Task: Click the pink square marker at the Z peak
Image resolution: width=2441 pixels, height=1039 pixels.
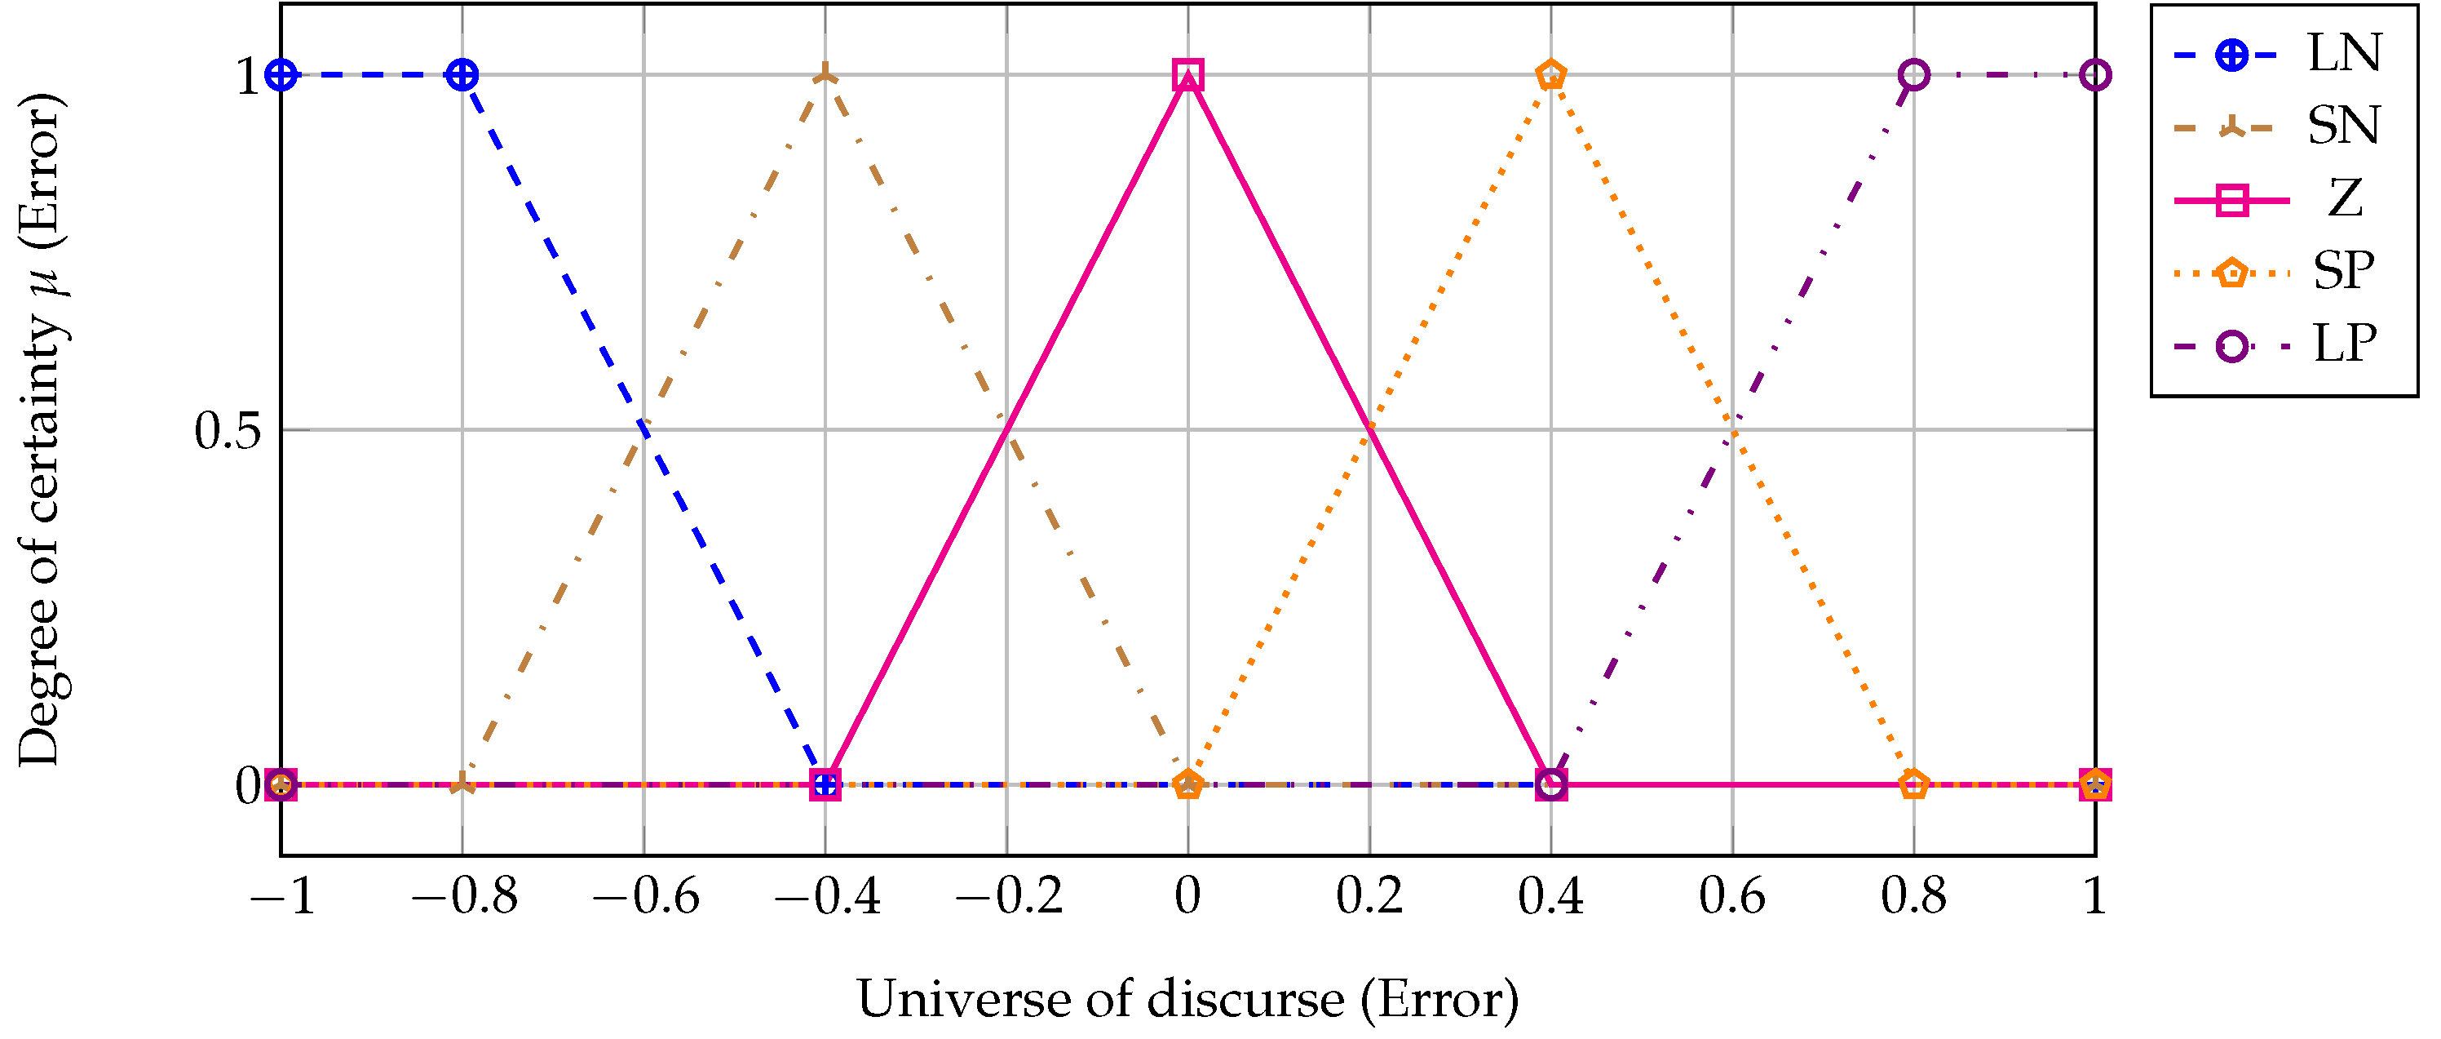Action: click(x=1187, y=74)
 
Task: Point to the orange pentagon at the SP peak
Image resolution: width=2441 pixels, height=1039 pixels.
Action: click(x=1550, y=74)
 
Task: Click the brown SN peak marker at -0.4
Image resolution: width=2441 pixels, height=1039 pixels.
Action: click(x=825, y=74)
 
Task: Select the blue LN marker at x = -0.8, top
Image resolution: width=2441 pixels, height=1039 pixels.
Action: click(x=462, y=74)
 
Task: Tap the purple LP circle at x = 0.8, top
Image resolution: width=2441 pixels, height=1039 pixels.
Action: click(x=1913, y=74)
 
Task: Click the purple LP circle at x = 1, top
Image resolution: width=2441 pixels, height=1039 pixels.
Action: click(x=2094, y=74)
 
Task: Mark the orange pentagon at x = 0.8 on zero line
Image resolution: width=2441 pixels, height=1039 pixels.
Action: click(x=1913, y=785)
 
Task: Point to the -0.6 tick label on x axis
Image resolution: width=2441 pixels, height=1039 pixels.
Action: click(x=645, y=896)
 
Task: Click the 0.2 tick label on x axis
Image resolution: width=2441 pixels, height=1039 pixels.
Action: click(x=1369, y=896)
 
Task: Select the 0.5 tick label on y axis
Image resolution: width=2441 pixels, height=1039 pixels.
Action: click(x=228, y=431)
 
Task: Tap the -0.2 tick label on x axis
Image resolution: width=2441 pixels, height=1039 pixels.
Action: click(x=1008, y=896)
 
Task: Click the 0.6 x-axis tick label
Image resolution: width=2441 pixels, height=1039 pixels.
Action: click(x=1731, y=896)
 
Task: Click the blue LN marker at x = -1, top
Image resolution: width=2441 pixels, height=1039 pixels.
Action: click(x=281, y=74)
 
